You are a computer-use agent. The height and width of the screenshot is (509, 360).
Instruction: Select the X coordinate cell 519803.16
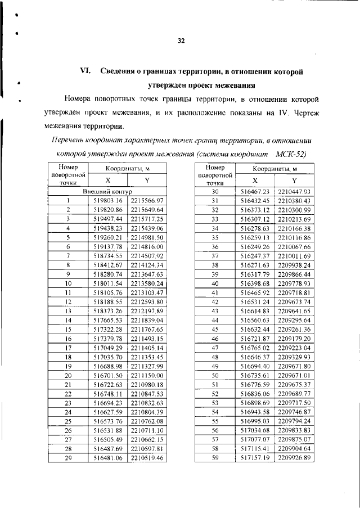pyautogui.click(x=107, y=200)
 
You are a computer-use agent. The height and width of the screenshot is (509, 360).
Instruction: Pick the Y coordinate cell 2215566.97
pyautogui.click(x=146, y=200)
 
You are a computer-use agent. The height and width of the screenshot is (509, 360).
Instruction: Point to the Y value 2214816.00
pyautogui.click(x=146, y=246)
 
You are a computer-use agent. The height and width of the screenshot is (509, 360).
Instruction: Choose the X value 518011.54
pyautogui.click(x=107, y=283)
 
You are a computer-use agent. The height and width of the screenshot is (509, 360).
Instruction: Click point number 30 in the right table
pyautogui.click(x=214, y=191)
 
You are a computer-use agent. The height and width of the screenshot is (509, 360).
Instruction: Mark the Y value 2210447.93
pyautogui.click(x=294, y=191)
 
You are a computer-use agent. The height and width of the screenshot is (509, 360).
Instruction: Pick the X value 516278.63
pyautogui.click(x=255, y=228)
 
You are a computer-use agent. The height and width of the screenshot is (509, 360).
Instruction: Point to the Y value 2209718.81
pyautogui.click(x=294, y=292)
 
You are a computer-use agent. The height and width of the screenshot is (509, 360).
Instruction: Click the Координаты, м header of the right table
pyautogui.click(x=274, y=169)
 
